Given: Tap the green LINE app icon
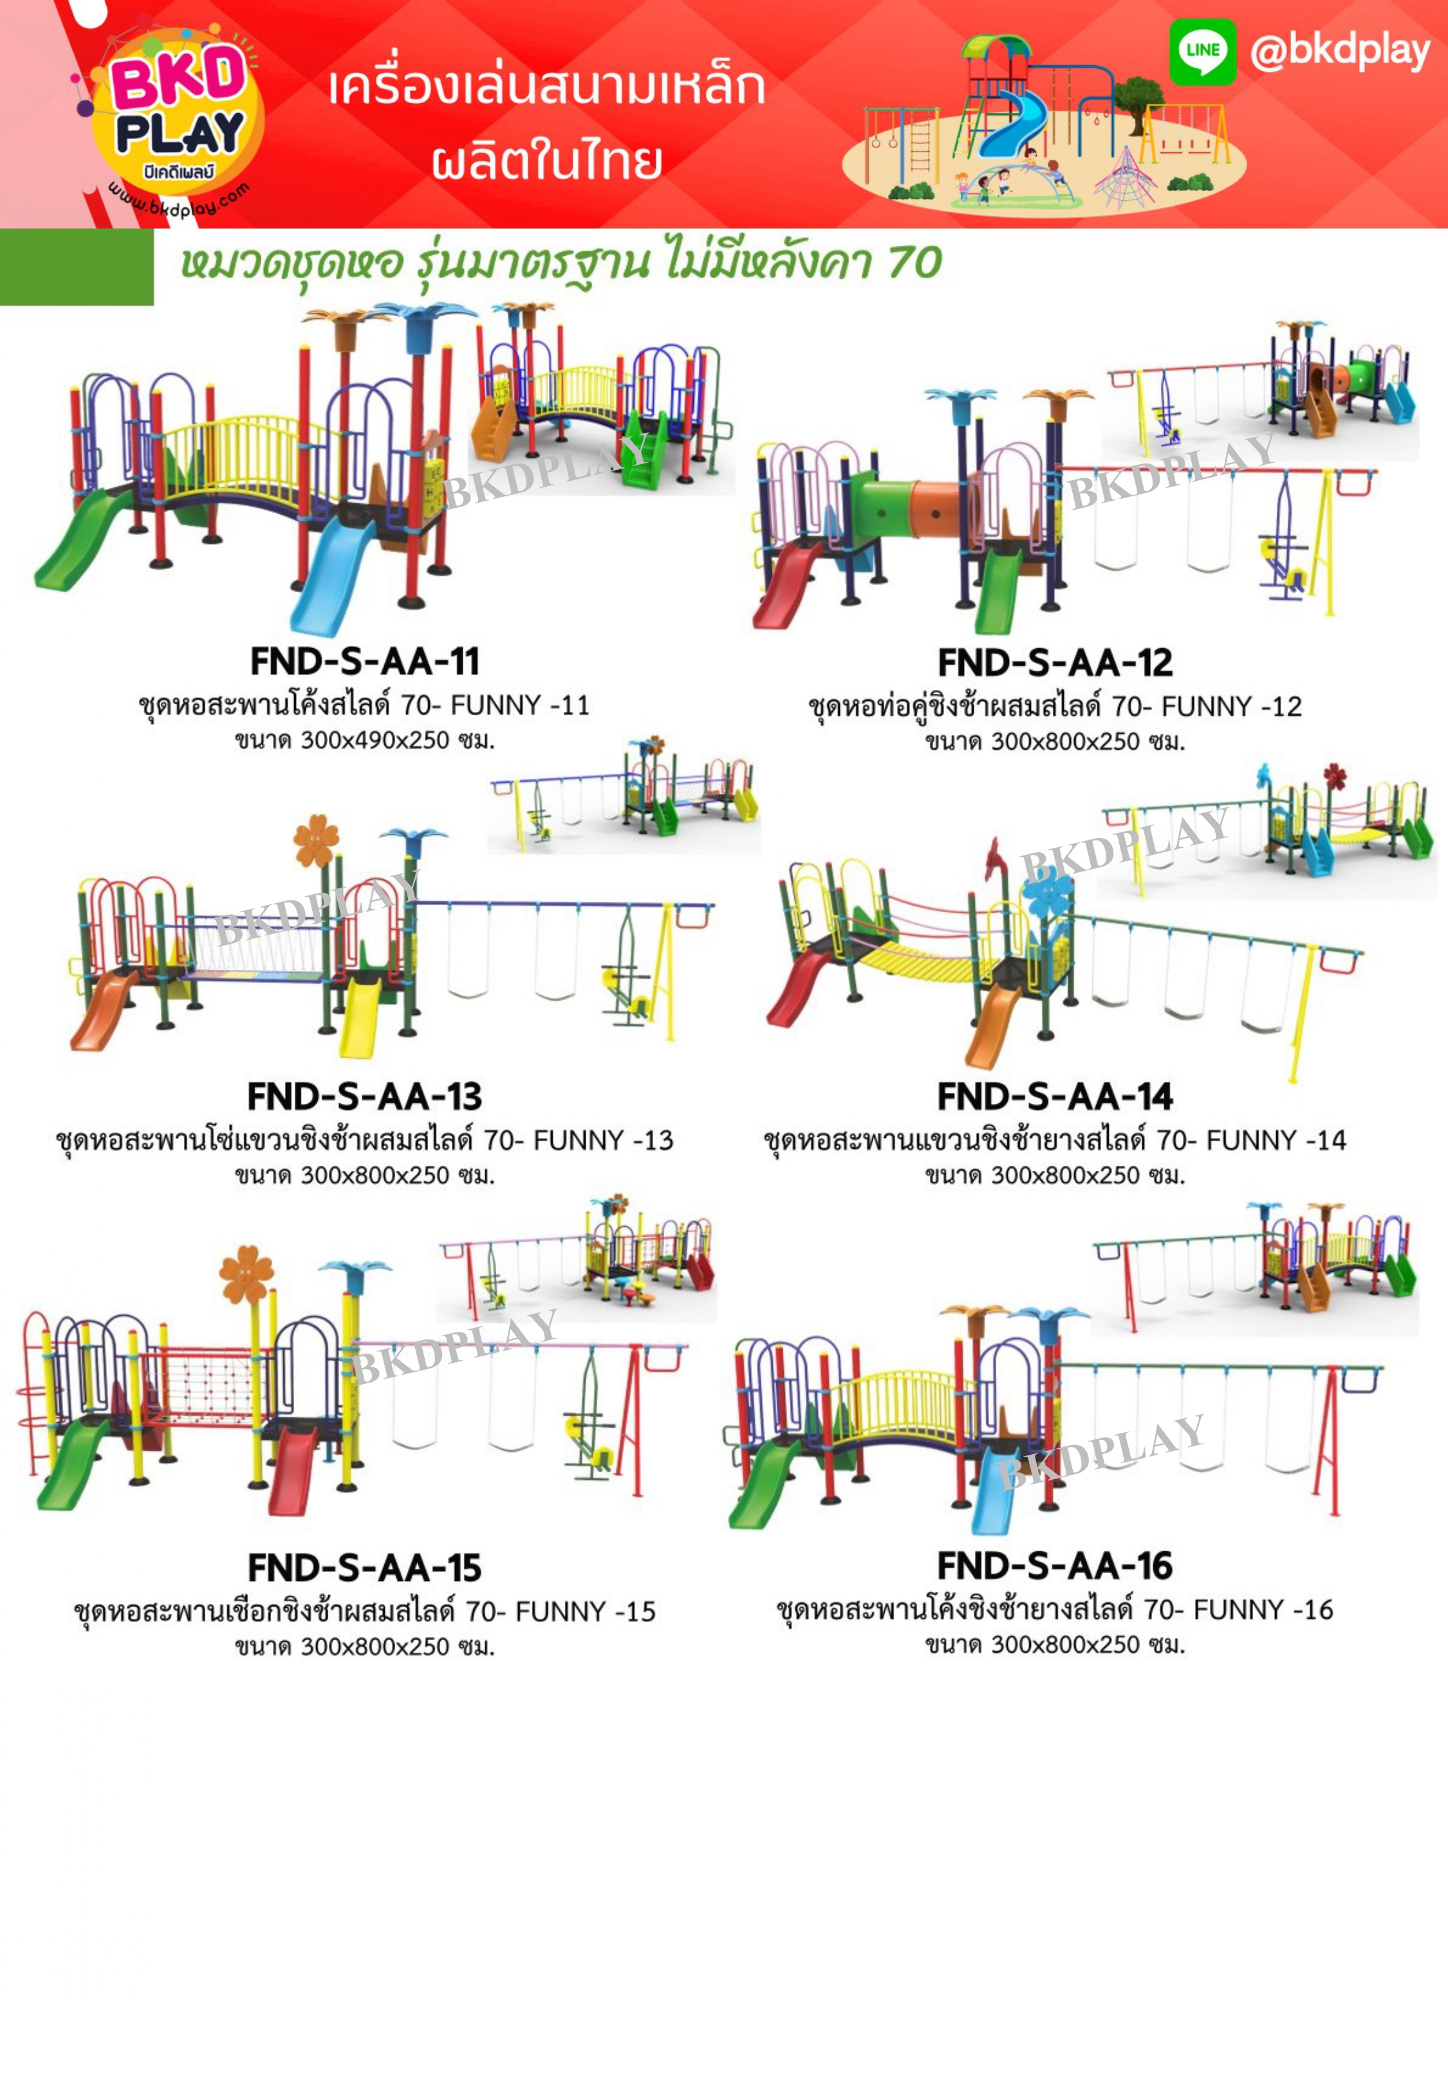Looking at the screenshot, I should (x=1202, y=51).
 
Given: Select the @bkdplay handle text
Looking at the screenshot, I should (x=1339, y=51).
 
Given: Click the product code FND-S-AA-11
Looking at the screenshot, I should (x=365, y=661).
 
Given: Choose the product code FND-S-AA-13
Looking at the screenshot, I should (x=365, y=1096).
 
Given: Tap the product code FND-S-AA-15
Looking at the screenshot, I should (x=365, y=1567).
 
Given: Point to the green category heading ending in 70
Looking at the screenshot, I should (x=561, y=264).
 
